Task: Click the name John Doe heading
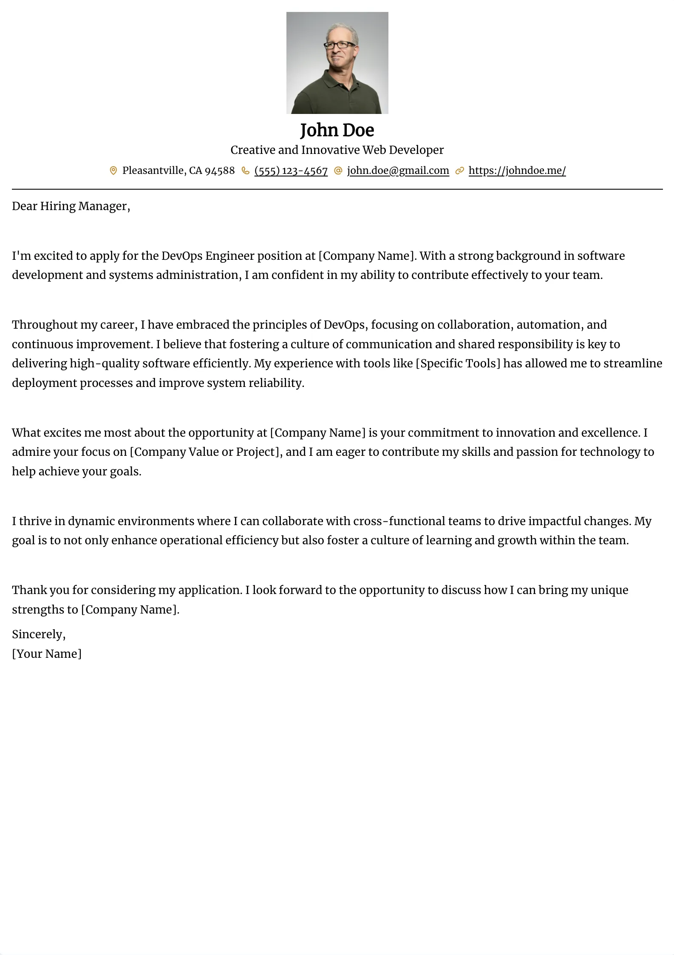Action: tap(337, 130)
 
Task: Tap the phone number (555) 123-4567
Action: tap(291, 171)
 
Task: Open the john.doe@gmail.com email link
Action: tap(398, 171)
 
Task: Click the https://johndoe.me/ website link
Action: tap(517, 171)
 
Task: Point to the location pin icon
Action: tap(113, 171)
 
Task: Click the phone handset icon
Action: tap(245, 171)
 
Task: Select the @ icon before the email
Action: tap(338, 171)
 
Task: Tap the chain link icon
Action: tap(459, 171)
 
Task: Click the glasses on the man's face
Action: tap(340, 45)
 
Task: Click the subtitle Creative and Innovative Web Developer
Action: tap(337, 150)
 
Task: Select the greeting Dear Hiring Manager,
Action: tap(71, 206)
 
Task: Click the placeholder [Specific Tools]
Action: tap(458, 364)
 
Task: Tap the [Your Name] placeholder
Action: tap(47, 654)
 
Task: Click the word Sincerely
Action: tap(37, 634)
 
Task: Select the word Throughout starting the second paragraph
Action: tap(45, 325)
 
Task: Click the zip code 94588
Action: tap(220, 171)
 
